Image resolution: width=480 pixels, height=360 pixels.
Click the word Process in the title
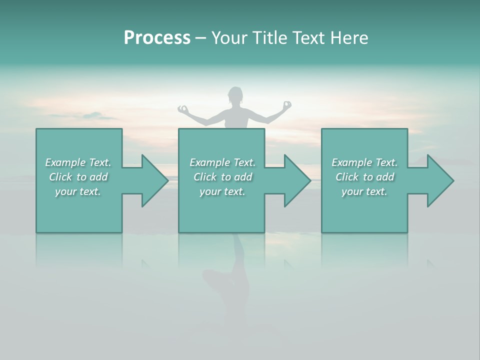point(157,38)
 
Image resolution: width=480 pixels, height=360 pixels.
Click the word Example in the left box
point(65,162)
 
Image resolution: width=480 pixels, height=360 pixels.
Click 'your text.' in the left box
point(78,191)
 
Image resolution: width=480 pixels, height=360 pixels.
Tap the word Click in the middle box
point(204,177)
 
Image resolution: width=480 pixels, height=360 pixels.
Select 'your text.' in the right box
point(364,191)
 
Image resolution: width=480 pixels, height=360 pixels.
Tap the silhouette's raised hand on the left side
point(183,108)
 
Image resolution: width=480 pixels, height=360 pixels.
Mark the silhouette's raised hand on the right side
point(286,105)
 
